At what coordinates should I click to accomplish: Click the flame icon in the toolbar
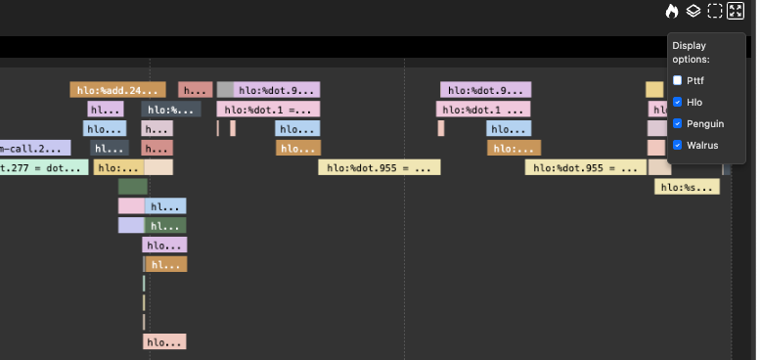point(672,12)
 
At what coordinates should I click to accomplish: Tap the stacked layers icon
point(693,12)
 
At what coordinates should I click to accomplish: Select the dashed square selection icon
point(715,12)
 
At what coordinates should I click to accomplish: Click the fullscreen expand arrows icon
point(737,12)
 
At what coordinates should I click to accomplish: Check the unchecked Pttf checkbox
point(678,80)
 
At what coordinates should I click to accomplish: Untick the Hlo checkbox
point(678,102)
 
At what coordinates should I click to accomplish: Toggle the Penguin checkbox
point(678,123)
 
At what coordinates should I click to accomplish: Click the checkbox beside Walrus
point(678,145)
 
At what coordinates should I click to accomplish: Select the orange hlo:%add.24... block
point(117,90)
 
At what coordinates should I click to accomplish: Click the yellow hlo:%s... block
point(687,187)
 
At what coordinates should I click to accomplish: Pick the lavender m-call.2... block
point(34,148)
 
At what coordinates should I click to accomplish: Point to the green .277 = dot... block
point(43,167)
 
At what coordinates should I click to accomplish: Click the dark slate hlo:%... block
point(171,110)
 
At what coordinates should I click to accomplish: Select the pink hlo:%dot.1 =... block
point(268,110)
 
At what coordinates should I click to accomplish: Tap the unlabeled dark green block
point(132,186)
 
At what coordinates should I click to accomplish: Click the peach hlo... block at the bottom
point(164,342)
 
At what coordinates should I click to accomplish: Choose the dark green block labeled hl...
point(165,225)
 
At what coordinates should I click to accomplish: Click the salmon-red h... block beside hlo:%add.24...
point(196,90)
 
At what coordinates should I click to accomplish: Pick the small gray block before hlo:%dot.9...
point(225,90)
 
